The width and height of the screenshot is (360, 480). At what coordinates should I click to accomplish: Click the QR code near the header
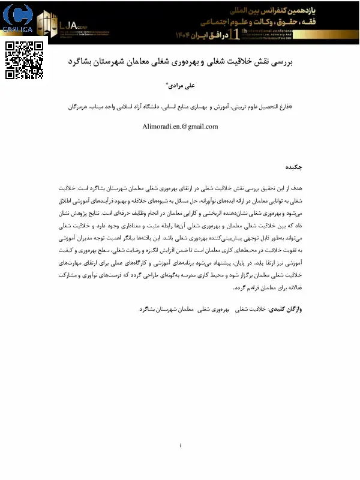coord(24,60)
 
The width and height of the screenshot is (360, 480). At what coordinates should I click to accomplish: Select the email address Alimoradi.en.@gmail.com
coord(180,127)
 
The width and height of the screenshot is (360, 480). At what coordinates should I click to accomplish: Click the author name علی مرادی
coord(180,85)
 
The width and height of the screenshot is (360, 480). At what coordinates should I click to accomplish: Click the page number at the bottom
coord(180,446)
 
